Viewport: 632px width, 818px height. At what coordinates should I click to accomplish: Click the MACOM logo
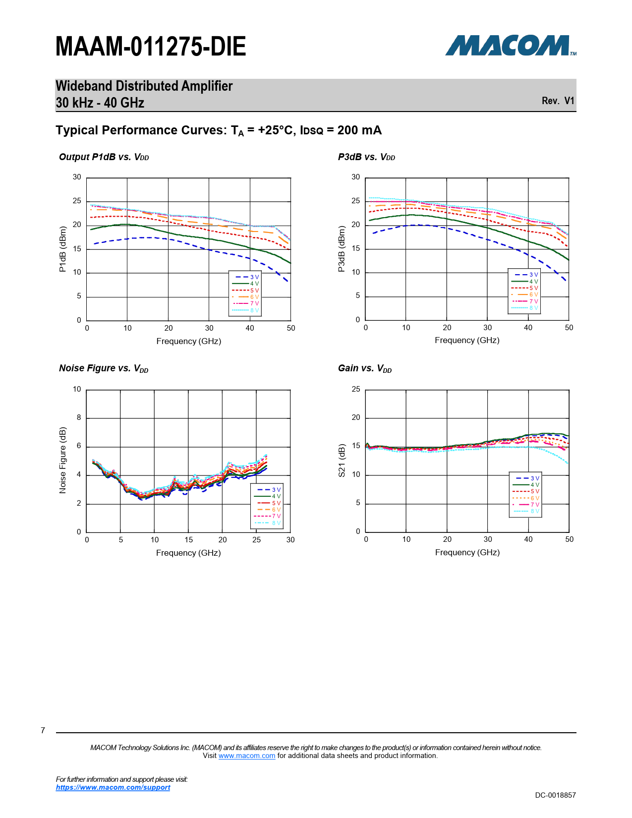(510, 46)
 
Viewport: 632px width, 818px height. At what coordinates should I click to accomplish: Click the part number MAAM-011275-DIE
(151, 47)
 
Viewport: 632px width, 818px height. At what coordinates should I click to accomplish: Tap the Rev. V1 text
(558, 101)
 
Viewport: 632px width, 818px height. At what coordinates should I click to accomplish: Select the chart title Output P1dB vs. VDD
(104, 157)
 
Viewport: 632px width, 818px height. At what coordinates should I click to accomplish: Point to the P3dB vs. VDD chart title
(366, 157)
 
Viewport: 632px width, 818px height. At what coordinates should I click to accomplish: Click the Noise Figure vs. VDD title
(104, 368)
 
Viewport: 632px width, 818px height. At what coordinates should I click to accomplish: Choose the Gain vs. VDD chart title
(365, 368)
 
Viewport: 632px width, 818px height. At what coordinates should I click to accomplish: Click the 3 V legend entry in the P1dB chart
(247, 277)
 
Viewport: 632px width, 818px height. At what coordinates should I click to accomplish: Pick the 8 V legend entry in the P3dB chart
(526, 308)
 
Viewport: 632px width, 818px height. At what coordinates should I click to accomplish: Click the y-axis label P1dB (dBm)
(62, 249)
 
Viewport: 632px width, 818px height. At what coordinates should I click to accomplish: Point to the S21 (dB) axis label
(342, 461)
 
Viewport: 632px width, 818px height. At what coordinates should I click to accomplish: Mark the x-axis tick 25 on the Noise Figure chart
(256, 540)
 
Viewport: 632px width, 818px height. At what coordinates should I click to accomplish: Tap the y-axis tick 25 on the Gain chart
(356, 389)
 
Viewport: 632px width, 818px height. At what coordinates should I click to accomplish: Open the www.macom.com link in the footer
(246, 756)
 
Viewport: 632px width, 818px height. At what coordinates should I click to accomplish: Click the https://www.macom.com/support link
(113, 787)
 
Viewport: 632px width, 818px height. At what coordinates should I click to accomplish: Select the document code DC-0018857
(555, 795)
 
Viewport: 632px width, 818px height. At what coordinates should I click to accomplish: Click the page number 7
(43, 730)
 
